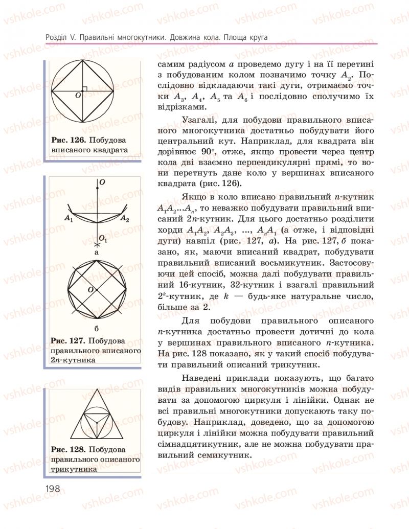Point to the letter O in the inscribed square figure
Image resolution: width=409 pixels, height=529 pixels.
point(78,96)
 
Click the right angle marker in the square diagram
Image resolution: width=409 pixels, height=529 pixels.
point(85,89)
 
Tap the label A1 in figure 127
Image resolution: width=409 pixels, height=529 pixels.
point(69,218)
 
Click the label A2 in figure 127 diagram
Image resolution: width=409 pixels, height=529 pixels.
point(125,218)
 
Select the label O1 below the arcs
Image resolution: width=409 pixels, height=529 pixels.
point(102,239)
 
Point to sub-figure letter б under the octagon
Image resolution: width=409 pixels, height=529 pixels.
point(96,327)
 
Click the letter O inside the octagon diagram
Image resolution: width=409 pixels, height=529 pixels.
point(90,290)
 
